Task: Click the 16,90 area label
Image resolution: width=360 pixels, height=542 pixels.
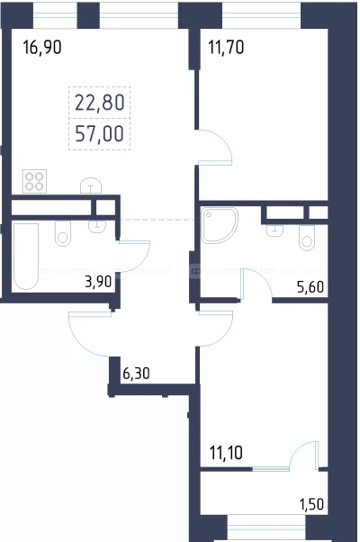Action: click(42, 47)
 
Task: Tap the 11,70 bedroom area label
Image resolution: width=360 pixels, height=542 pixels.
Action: click(226, 47)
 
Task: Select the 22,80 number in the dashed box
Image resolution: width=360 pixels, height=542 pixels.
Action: click(100, 103)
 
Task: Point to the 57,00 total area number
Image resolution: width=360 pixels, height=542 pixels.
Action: click(100, 134)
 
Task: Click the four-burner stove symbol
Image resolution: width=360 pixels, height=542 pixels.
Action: click(34, 181)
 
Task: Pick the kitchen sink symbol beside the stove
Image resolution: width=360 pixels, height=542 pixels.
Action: click(91, 185)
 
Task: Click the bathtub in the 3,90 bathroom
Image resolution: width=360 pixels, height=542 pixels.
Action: click(26, 256)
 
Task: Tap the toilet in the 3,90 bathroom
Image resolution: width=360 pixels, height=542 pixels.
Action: click(63, 234)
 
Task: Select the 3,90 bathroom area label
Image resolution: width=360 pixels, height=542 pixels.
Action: click(98, 282)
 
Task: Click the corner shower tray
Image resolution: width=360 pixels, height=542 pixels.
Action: click(220, 225)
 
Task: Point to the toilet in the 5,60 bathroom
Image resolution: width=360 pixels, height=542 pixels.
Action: click(307, 238)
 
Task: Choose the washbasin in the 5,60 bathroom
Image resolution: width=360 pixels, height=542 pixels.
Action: click(274, 230)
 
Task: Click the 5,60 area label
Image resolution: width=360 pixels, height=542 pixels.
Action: click(310, 287)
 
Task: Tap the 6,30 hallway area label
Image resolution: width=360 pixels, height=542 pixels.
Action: click(136, 374)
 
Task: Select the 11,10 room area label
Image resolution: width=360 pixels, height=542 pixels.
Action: click(226, 453)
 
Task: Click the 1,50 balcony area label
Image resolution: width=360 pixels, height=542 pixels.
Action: click(311, 504)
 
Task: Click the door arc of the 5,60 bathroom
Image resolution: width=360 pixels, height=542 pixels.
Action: click(263, 276)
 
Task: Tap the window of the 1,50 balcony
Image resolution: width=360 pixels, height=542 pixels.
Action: click(266, 528)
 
